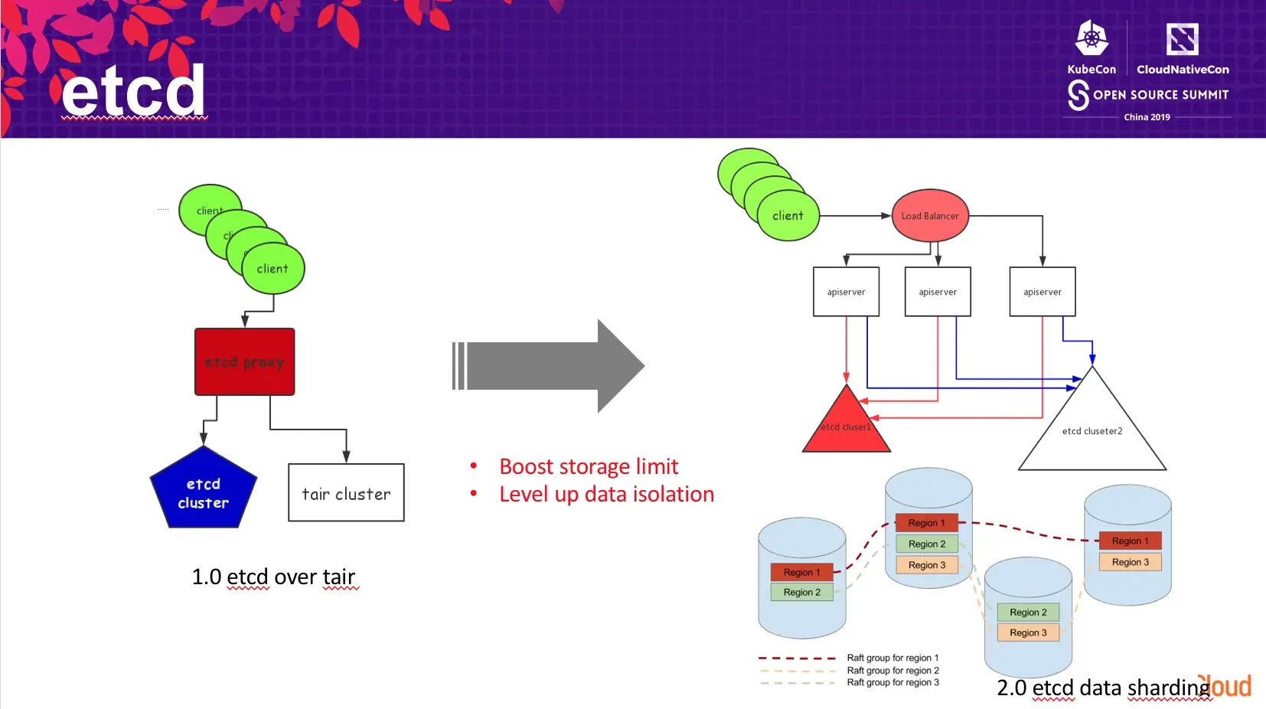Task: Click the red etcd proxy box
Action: click(244, 361)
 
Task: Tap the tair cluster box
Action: click(346, 493)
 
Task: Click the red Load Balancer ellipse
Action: click(930, 216)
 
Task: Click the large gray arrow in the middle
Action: click(547, 366)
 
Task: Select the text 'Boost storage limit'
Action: click(589, 466)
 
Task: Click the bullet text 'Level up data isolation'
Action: click(606, 494)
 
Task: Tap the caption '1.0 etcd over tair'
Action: click(273, 577)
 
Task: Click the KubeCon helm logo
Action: click(1091, 38)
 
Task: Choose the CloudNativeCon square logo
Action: click(1182, 39)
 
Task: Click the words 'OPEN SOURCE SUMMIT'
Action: click(1160, 95)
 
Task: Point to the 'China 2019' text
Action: click(1147, 117)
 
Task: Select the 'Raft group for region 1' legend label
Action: click(892, 658)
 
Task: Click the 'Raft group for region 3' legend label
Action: click(892, 682)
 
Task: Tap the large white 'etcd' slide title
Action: click(133, 91)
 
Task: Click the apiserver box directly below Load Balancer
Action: click(938, 292)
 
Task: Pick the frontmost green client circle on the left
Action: click(273, 269)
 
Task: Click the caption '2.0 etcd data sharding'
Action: click(1102, 688)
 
